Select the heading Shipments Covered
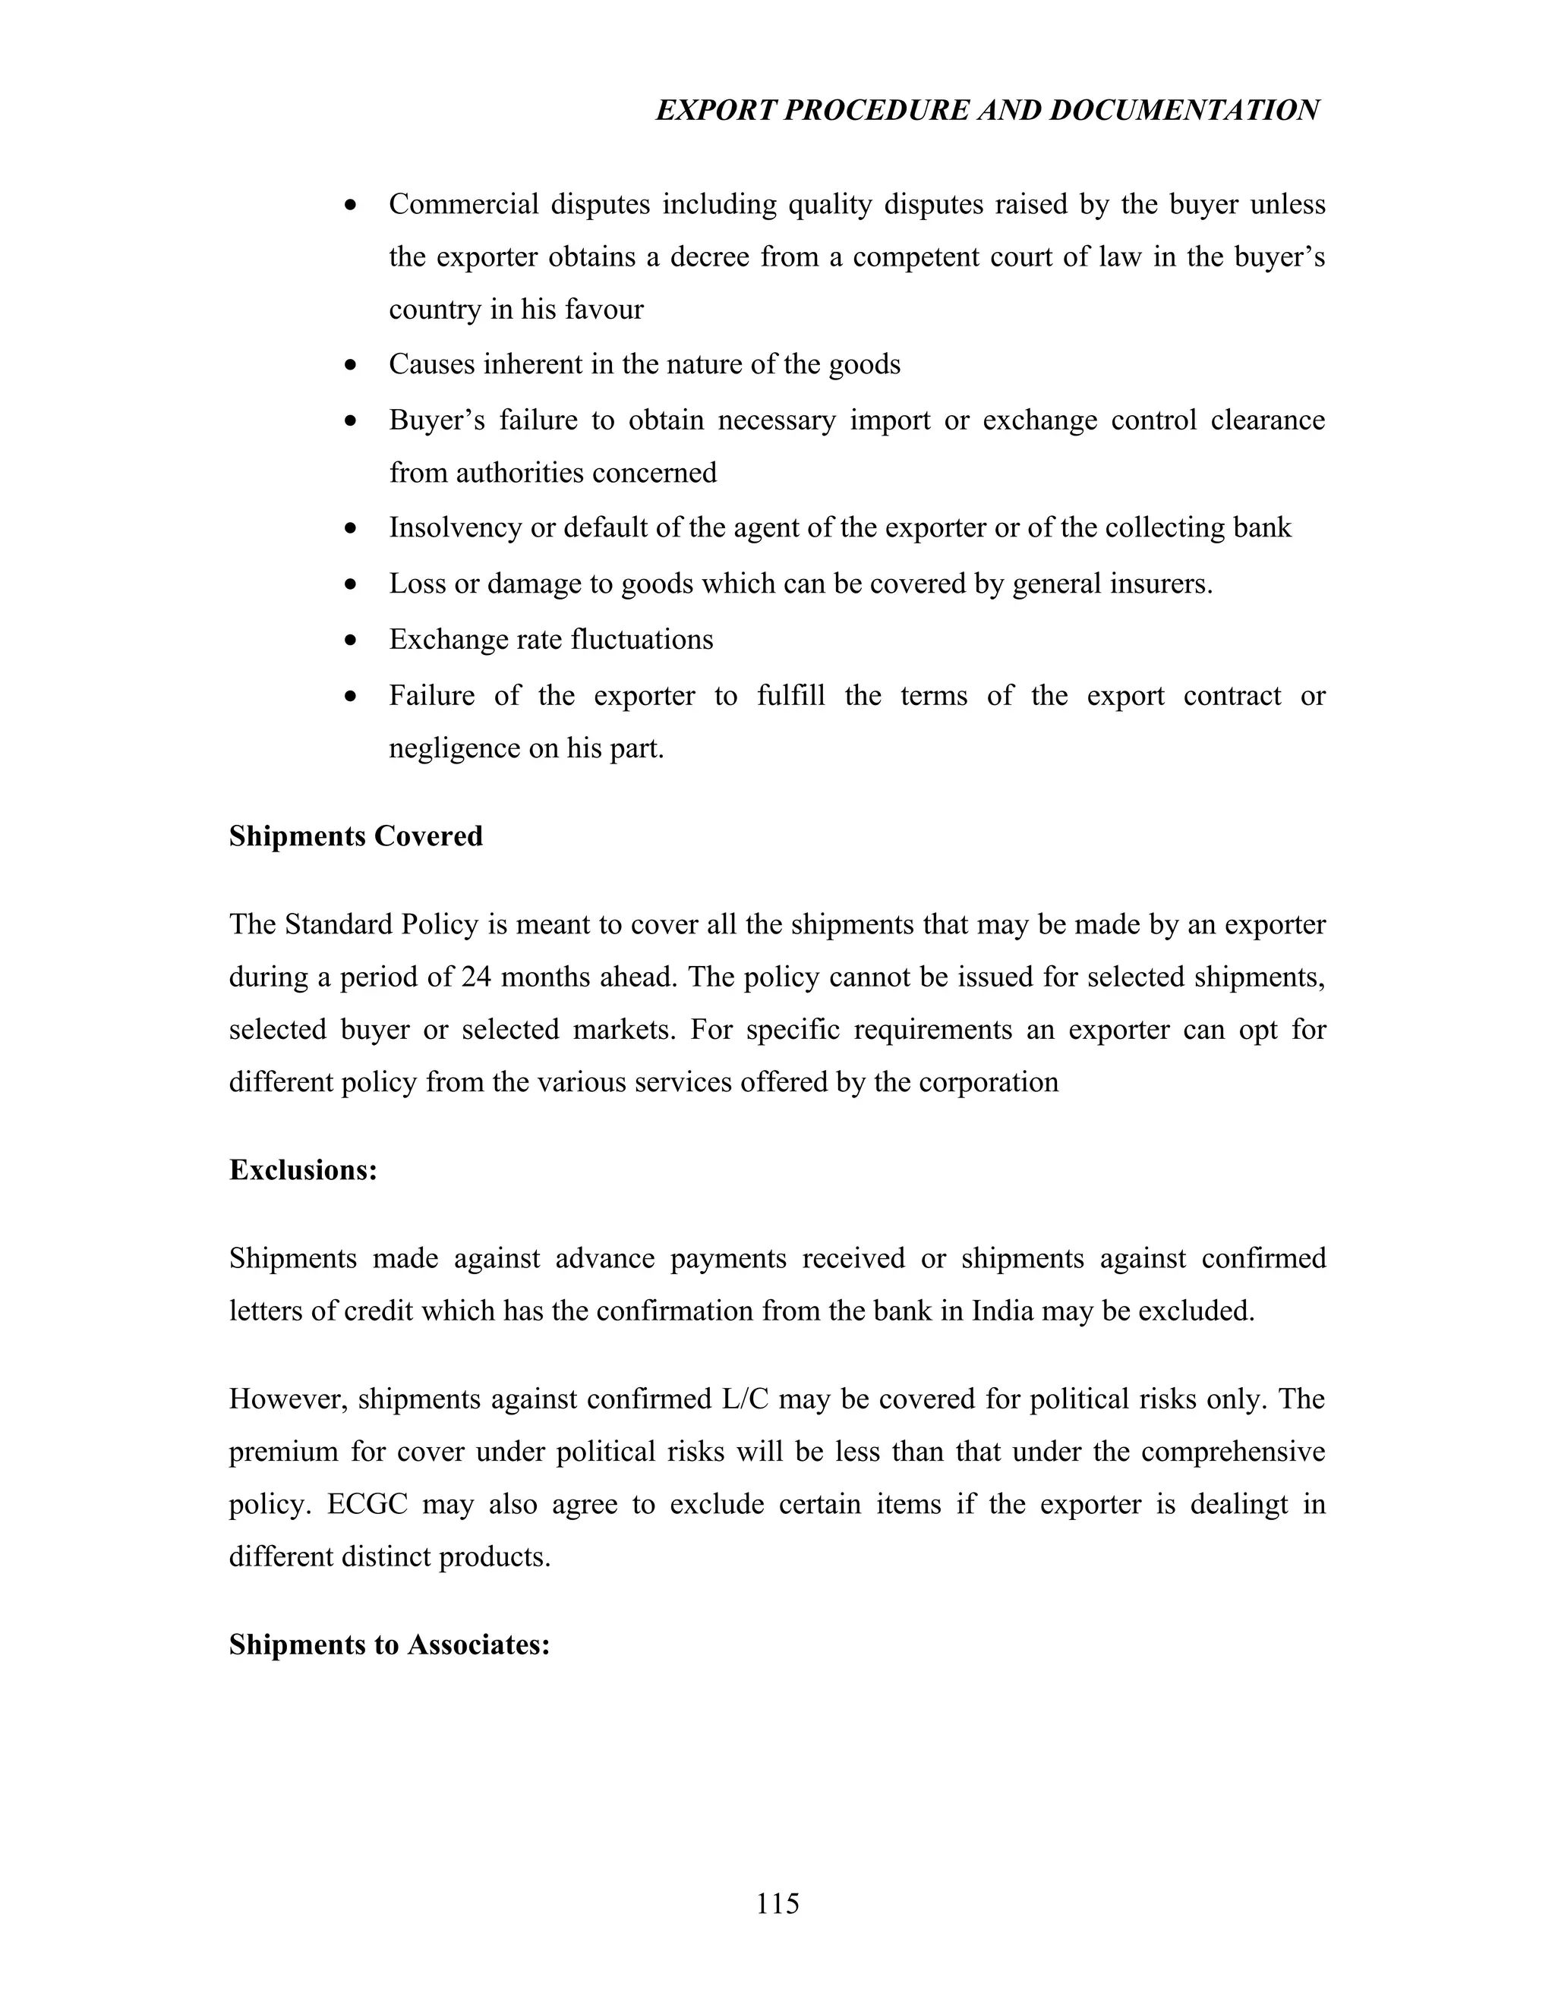click(x=355, y=836)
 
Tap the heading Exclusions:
click(x=303, y=1169)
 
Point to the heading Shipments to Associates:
click(x=389, y=1644)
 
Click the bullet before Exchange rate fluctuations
click(x=349, y=640)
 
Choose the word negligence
click(x=454, y=748)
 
